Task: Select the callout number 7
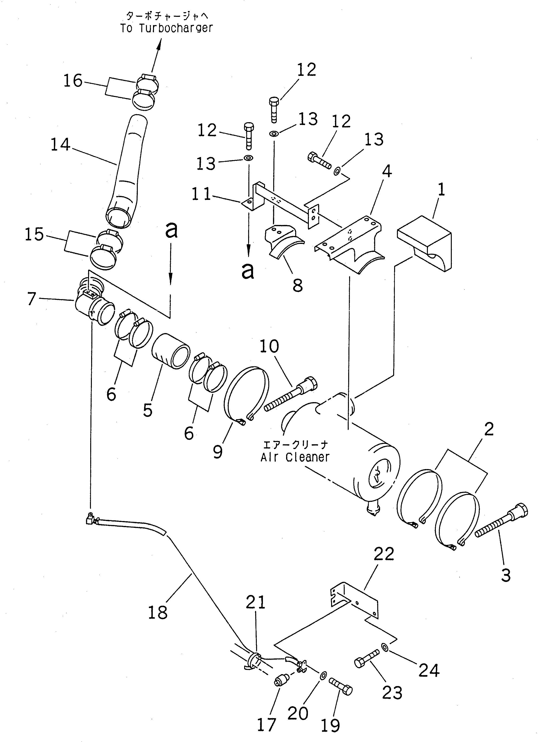point(31,299)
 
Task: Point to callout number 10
point(269,346)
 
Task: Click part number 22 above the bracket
point(384,554)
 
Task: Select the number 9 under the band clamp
point(218,452)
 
